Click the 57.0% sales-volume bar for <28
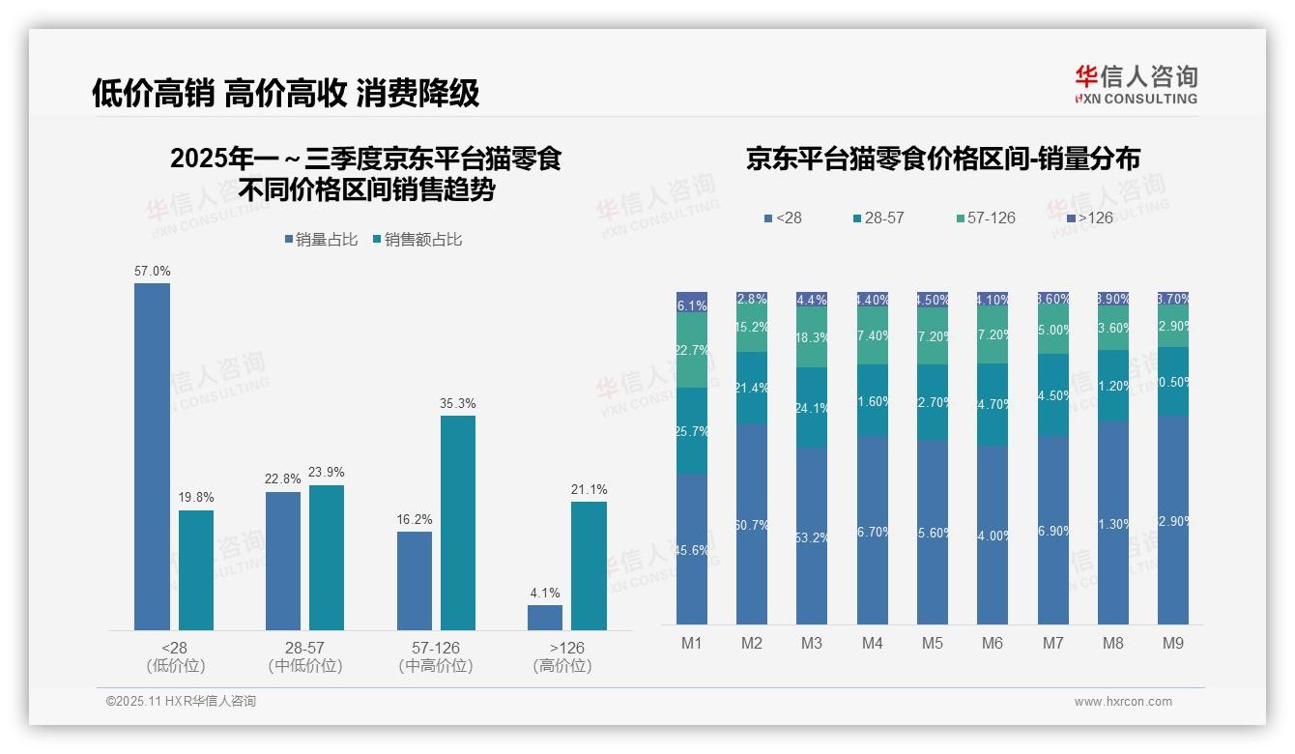tap(152, 456)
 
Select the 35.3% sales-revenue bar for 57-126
tap(458, 522)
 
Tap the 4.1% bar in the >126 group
tap(545, 618)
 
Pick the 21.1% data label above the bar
tap(589, 489)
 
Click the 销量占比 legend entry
tap(326, 240)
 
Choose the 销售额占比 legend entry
tap(417, 240)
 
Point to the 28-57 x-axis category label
tap(304, 648)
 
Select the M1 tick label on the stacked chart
tap(691, 643)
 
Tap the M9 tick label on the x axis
tap(1172, 643)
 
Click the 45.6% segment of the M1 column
tap(692, 548)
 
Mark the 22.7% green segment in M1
tap(692, 350)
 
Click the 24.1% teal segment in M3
tap(812, 407)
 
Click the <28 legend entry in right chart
tap(782, 218)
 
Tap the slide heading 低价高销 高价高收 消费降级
tap(286, 93)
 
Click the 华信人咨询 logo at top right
tap(1136, 85)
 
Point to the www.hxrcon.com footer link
tap(1123, 702)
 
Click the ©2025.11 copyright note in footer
tap(181, 702)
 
